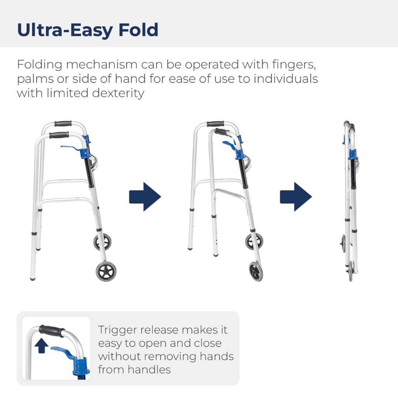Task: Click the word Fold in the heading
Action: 139,30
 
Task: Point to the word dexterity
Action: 118,93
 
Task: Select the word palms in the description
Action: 35,79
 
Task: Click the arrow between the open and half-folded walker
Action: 145,197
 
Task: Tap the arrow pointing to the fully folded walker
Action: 296,197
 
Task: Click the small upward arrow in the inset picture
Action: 41,346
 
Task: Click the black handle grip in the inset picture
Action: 52,331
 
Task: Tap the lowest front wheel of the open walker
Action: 106,271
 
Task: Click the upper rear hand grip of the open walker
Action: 63,124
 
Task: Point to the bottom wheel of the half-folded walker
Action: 256,271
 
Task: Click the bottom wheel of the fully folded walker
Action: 351,271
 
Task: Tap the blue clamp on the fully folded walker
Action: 353,154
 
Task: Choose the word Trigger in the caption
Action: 117,330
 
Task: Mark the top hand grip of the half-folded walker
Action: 215,124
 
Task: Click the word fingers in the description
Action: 294,65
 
